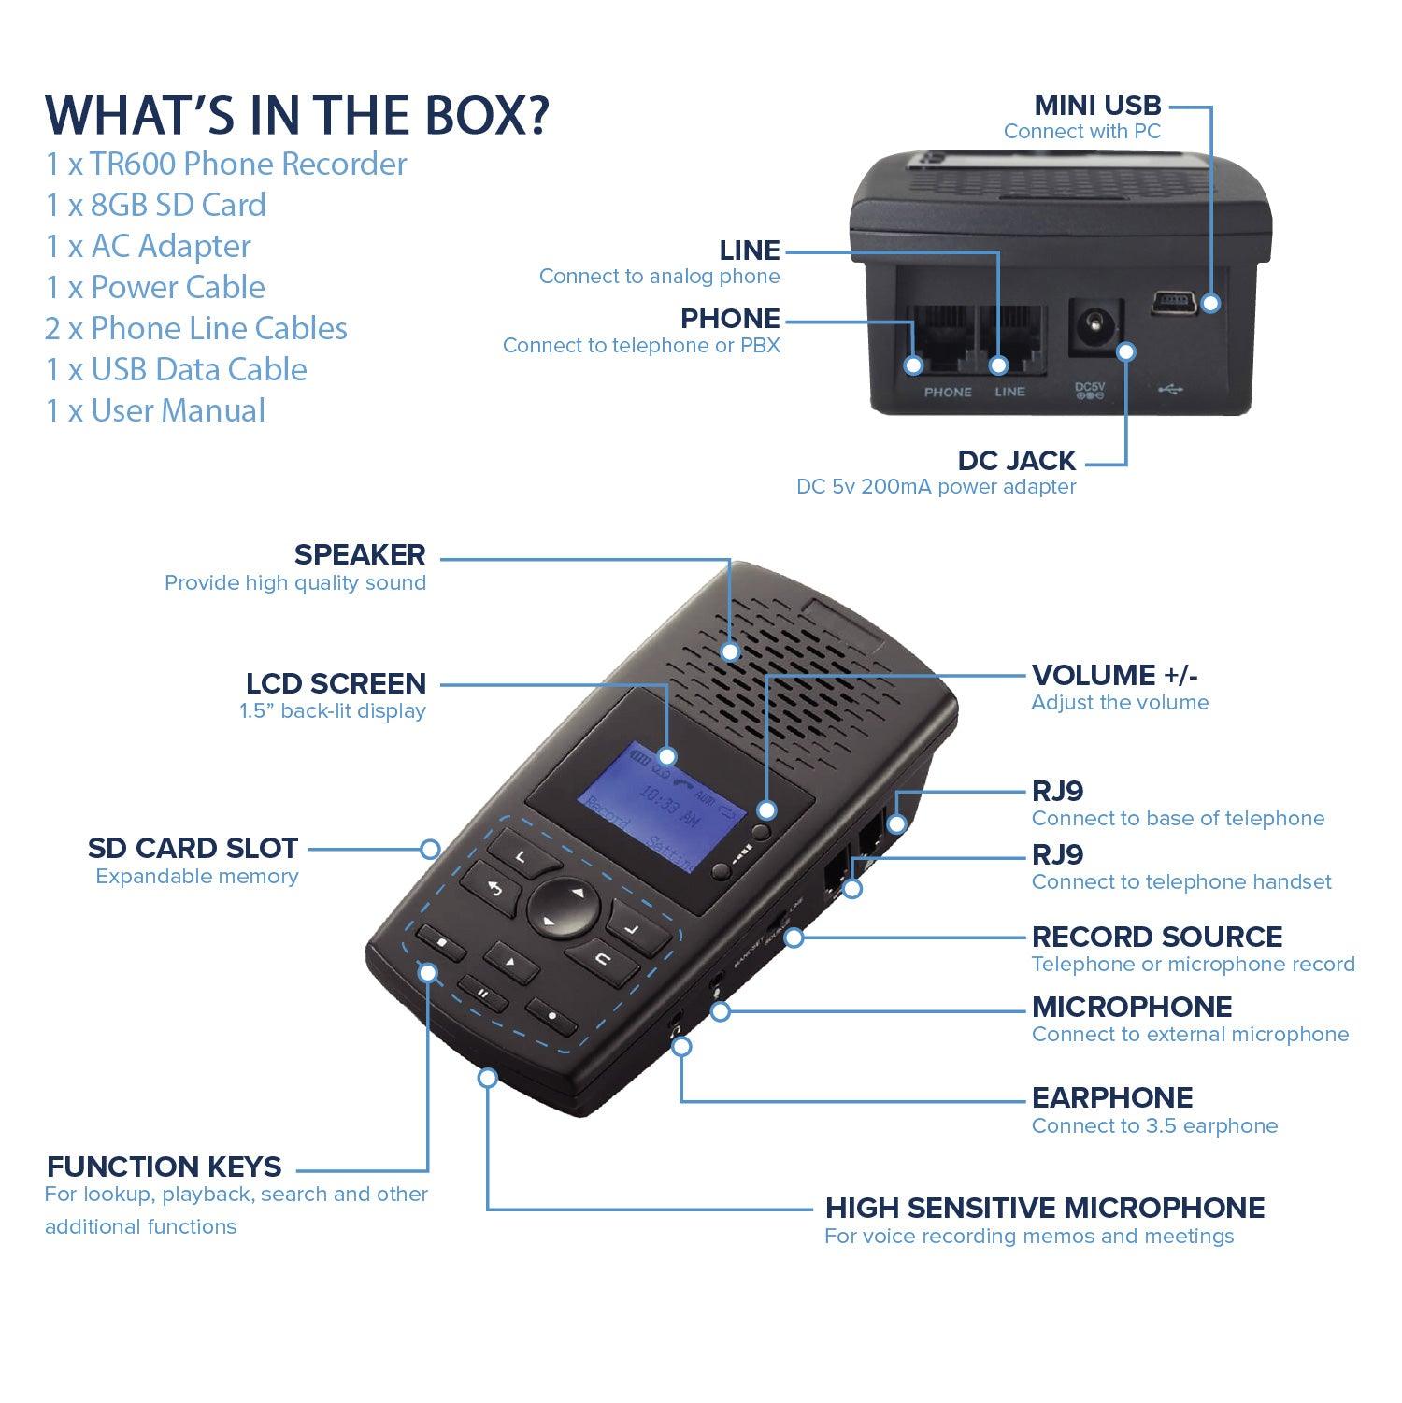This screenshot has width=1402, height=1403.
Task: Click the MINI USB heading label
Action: [x=1096, y=105]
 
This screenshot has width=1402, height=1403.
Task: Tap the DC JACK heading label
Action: [x=1016, y=460]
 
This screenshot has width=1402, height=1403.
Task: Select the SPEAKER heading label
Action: [x=360, y=554]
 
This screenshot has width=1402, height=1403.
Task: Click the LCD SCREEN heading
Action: [x=336, y=683]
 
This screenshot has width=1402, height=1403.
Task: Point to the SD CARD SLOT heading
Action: [x=193, y=848]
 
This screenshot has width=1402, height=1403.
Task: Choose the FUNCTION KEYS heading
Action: [x=164, y=1167]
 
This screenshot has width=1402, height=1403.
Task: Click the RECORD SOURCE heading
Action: [x=1156, y=937]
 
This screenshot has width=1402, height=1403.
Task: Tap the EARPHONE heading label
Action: [x=1111, y=1097]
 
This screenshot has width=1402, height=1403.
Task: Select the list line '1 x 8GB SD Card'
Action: [x=156, y=205]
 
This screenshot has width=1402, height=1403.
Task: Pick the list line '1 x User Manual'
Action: [x=156, y=410]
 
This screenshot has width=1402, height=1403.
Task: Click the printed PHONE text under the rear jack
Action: [x=948, y=392]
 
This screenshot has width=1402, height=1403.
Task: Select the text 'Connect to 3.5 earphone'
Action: [x=1154, y=1125]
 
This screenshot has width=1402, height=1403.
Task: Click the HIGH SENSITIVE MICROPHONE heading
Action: [x=1044, y=1208]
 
